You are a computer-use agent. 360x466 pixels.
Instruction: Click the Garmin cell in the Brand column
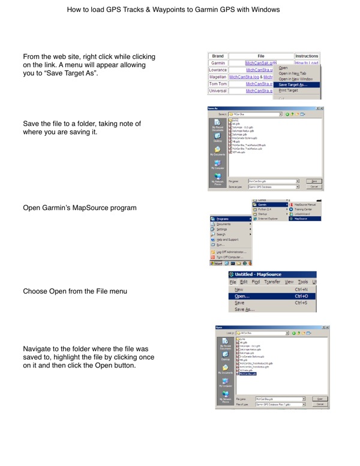218,62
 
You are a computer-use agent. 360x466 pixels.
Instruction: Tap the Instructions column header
307,55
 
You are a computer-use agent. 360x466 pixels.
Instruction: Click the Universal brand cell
218,91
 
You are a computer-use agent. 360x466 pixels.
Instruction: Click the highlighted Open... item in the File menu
243,296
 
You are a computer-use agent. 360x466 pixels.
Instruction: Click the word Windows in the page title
265,10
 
